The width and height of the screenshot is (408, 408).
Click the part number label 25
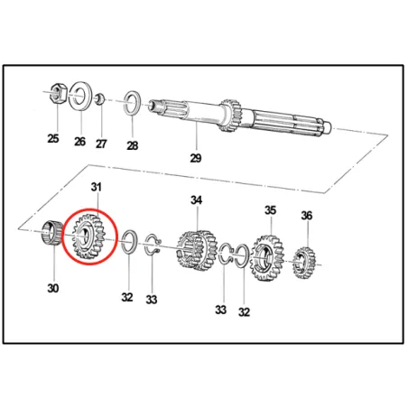tap(54, 138)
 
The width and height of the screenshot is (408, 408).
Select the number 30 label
tap(52, 289)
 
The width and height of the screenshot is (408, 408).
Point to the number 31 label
tap(97, 187)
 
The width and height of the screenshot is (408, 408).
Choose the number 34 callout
tap(196, 199)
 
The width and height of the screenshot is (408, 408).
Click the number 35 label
tap(270, 210)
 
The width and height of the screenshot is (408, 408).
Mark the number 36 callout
tap(307, 217)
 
